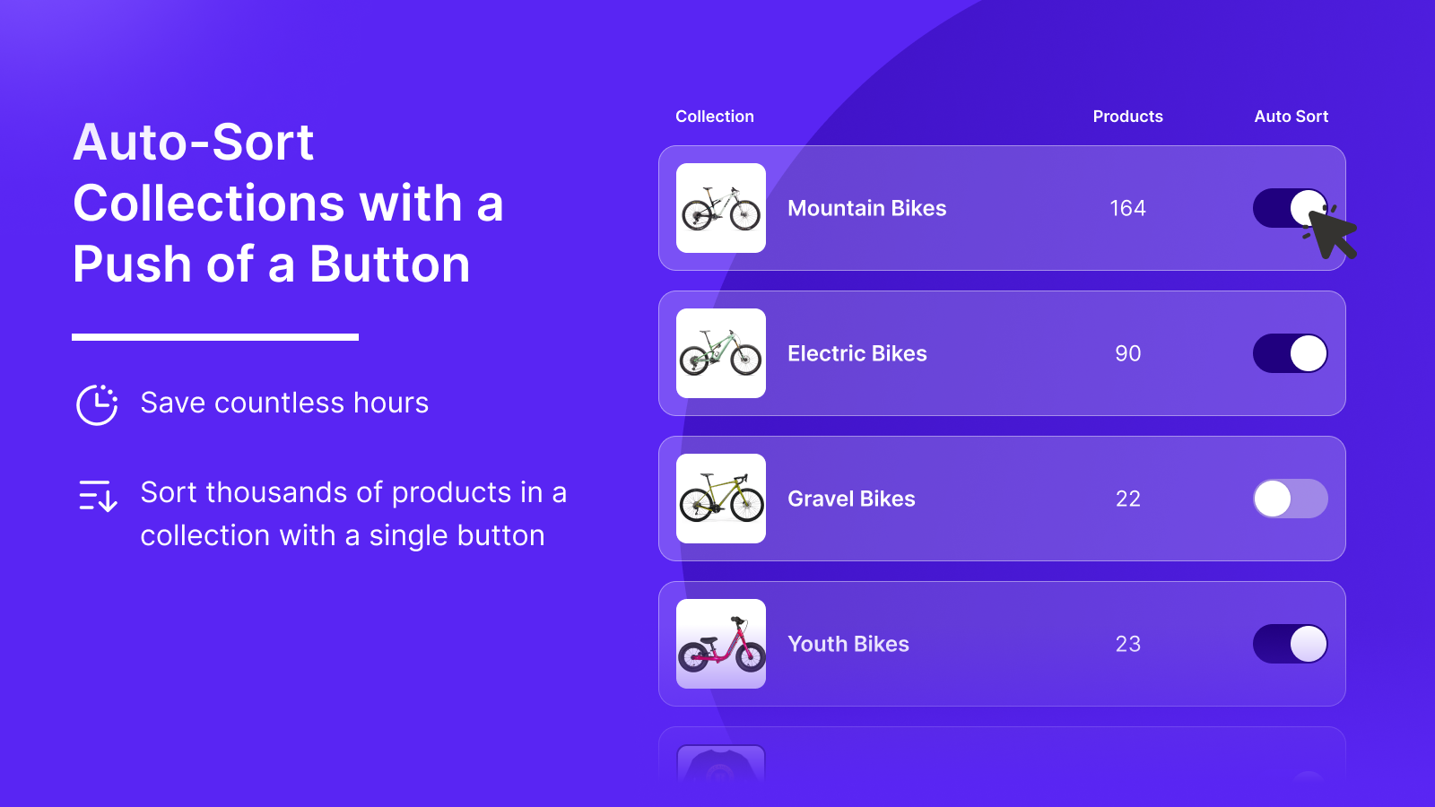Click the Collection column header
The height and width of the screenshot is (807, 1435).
pos(714,117)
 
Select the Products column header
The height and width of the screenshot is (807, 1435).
pos(1127,117)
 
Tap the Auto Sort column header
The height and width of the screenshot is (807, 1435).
pos(1291,117)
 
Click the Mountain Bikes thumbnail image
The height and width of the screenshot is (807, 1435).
pos(721,208)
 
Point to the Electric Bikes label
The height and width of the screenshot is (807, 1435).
pos(857,353)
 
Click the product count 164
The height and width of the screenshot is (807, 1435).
pos(1127,208)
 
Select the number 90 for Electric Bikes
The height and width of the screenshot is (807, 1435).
pos(1127,353)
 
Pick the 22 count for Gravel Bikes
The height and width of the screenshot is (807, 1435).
pos(1127,499)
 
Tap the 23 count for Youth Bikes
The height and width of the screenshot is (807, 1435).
pos(1127,644)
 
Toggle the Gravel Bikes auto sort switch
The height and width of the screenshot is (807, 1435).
pos(1290,499)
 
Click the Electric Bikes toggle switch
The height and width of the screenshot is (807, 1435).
pos(1290,353)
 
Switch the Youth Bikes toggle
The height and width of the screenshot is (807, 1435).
pos(1290,644)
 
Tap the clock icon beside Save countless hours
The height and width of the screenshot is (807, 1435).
pos(97,404)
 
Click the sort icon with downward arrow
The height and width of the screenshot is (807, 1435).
pos(98,495)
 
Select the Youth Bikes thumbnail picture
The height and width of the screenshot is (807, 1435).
pos(721,644)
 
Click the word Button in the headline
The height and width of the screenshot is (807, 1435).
pos(389,265)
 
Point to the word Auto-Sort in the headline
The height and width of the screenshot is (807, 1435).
pos(194,143)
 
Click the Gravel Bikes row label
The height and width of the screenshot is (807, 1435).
pos(851,499)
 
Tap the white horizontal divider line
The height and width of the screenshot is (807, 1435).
pos(215,337)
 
